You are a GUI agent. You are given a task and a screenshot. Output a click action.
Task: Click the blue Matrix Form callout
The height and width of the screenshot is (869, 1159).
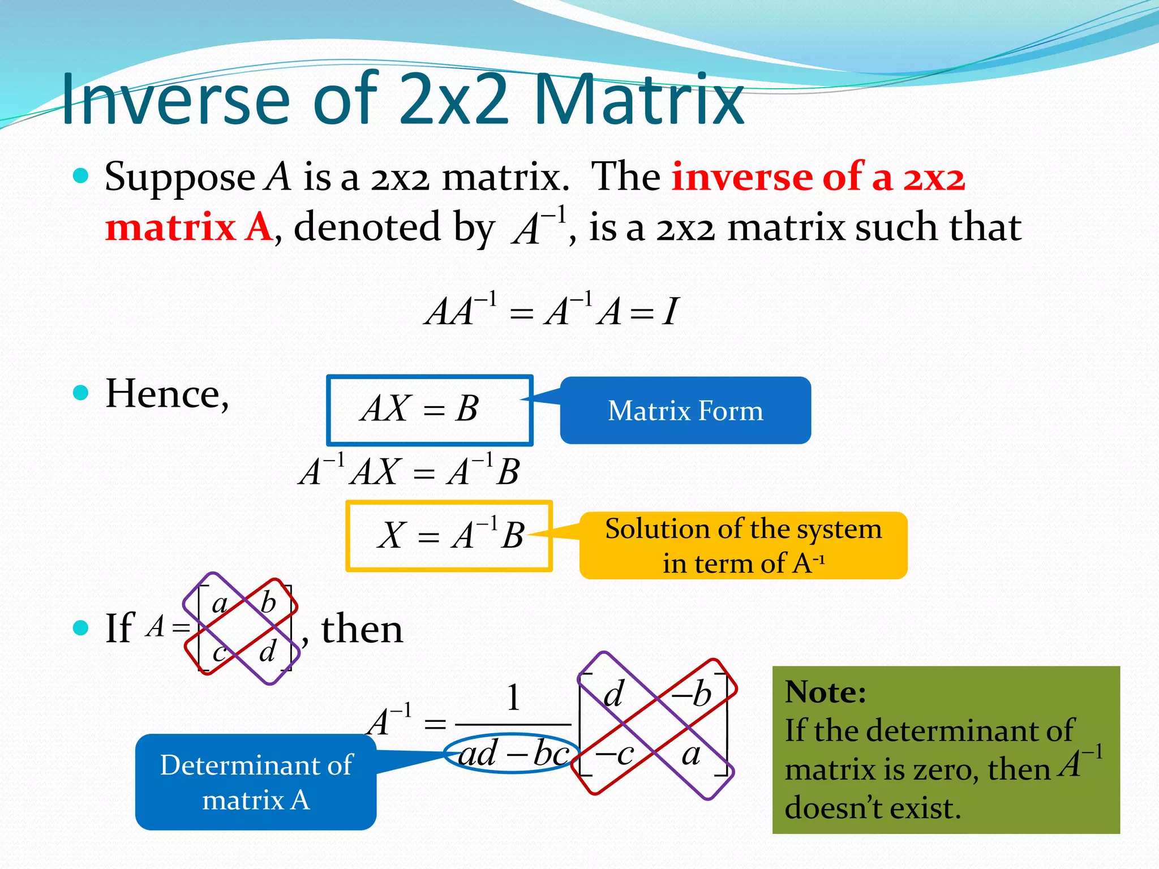[685, 411]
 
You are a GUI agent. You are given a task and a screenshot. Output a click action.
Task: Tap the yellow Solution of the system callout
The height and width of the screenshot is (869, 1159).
[743, 545]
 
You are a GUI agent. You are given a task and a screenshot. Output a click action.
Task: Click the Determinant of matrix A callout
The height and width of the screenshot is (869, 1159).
[256, 782]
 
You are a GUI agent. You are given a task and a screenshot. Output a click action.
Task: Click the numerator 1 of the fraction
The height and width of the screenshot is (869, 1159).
[513, 698]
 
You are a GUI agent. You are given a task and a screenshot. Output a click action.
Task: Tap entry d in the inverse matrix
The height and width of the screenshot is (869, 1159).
[613, 694]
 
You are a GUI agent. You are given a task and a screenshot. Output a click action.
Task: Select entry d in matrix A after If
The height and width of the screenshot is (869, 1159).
[267, 651]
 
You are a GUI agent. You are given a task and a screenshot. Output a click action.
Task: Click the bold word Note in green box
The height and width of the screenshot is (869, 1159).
[825, 692]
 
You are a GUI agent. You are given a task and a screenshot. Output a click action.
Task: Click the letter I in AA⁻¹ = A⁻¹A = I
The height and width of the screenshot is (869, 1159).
[670, 312]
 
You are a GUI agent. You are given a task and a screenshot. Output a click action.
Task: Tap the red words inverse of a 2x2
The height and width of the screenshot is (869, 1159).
[818, 177]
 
